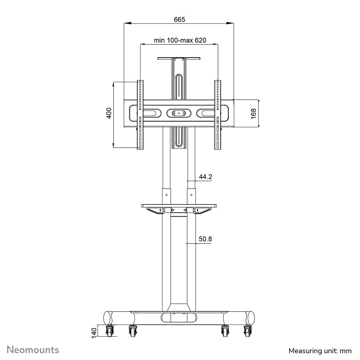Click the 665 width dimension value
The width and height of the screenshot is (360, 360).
click(180, 20)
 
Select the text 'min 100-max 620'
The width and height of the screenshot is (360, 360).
click(180, 40)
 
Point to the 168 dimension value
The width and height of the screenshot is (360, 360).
click(254, 113)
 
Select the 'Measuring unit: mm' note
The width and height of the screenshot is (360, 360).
click(320, 350)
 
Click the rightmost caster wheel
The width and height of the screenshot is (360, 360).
click(247, 332)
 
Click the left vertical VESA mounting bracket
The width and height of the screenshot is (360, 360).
click(140, 115)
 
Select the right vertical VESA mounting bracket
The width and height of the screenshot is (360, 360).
click(218, 115)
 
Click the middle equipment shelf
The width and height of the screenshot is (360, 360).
click(179, 206)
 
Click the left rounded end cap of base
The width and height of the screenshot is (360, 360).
click(108, 318)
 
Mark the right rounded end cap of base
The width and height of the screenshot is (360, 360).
click(250, 318)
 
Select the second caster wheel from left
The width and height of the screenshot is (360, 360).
click(132, 332)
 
